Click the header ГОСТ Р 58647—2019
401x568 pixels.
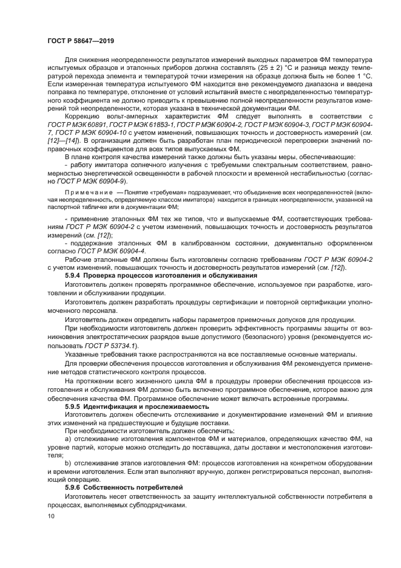coord(81,39)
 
